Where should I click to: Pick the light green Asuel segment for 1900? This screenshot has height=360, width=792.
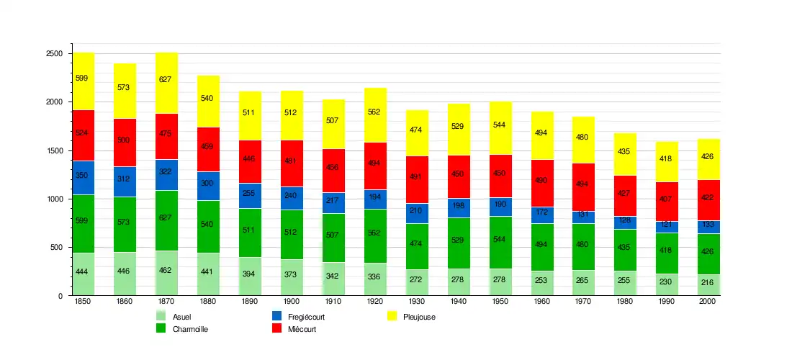(292, 277)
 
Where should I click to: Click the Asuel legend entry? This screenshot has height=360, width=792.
(173, 317)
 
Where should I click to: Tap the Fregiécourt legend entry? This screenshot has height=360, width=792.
(295, 317)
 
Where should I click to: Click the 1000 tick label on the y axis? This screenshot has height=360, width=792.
(55, 199)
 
